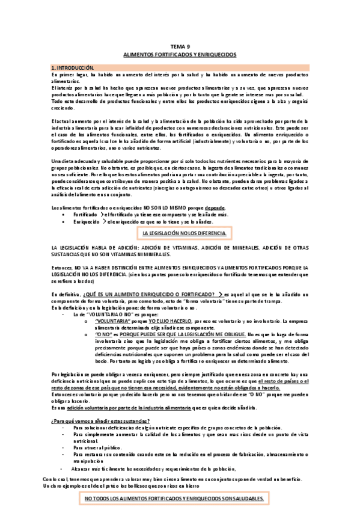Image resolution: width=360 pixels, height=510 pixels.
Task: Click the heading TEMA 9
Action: tap(180, 46)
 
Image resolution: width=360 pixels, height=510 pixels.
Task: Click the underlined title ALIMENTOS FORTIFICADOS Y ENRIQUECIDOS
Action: tap(180, 54)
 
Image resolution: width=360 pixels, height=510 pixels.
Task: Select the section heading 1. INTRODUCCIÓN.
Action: tap(70, 68)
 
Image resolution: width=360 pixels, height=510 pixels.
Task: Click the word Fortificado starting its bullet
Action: tap(86, 214)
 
